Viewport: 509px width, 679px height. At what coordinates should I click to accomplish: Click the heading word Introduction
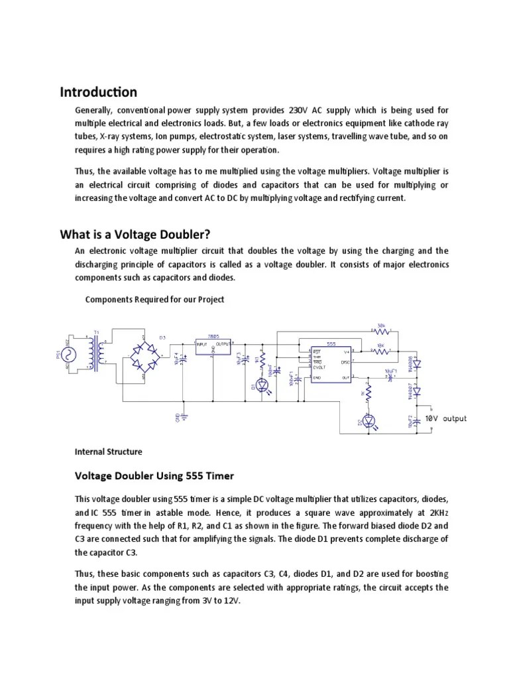tap(99, 92)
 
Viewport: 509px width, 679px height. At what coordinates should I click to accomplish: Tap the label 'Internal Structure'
tap(108, 452)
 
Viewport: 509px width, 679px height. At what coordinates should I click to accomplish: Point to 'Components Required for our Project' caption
tap(154, 299)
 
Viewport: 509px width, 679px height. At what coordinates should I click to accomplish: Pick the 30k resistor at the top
tap(380, 331)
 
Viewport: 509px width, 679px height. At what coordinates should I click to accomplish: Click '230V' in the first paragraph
tap(296, 109)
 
